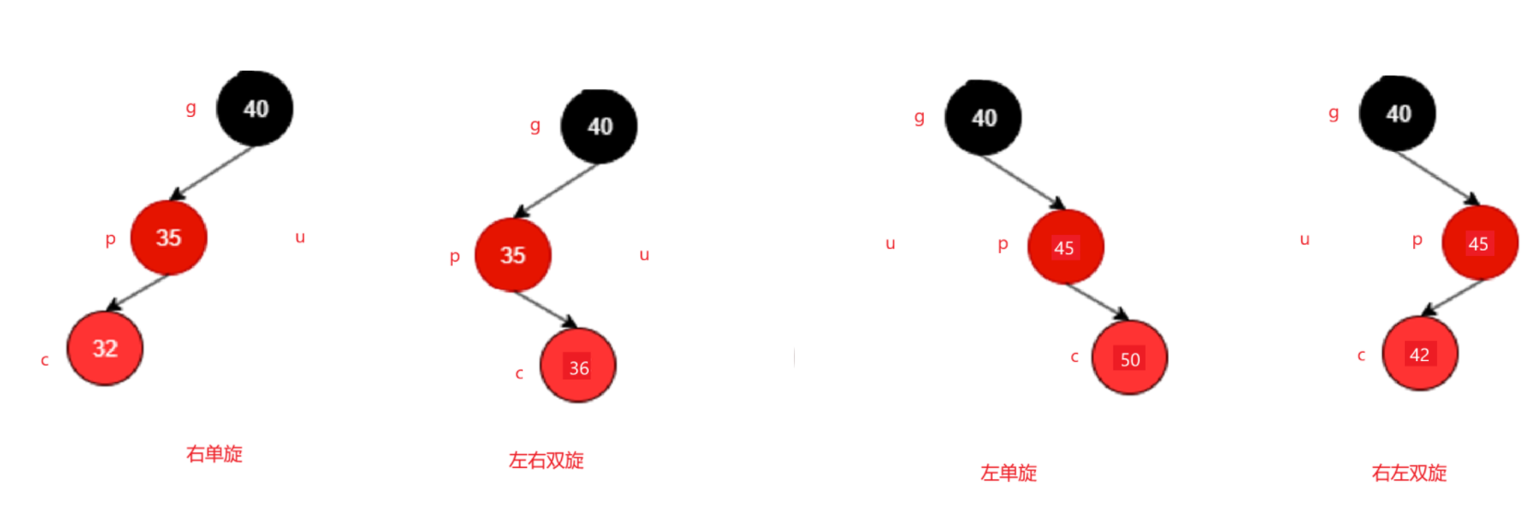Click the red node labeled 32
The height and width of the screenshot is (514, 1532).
pos(105,348)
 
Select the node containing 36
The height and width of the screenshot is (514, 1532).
pos(578,367)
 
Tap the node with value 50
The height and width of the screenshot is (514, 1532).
pos(1129,358)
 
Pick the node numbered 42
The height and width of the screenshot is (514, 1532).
pos(1420,354)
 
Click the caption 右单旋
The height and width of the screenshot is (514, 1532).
pos(214,453)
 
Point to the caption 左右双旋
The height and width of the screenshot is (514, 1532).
pos(547,460)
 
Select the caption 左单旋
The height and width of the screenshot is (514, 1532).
pos(1008,473)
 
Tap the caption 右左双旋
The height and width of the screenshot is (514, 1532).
pos(1409,473)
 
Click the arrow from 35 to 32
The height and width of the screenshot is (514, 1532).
pos(138,292)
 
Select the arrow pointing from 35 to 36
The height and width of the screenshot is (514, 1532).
pos(546,309)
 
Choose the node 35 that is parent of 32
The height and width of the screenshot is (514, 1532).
pos(168,238)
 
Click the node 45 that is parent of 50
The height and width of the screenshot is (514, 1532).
pos(1065,247)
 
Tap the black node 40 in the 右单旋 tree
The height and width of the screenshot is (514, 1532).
pos(255,109)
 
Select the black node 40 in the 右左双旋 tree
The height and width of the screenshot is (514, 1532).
pos(1398,113)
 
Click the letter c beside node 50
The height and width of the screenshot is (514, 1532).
pos(1074,356)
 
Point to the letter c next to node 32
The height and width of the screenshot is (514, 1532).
pos(44,360)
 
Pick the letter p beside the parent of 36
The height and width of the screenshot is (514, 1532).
pos(455,257)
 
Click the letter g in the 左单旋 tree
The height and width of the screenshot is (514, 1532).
pos(918,117)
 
